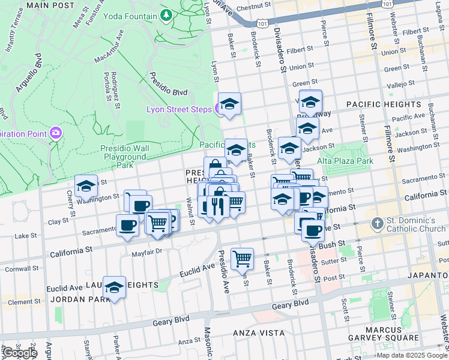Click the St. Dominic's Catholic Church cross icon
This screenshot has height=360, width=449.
(x=377, y=224)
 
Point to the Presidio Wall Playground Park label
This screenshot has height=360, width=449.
(x=124, y=157)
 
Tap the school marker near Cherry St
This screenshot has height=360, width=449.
(x=86, y=187)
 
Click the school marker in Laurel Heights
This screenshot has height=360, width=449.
(x=114, y=288)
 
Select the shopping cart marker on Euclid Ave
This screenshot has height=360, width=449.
(x=242, y=259)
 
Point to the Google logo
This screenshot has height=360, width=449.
(x=19, y=353)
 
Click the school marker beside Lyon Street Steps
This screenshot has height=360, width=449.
(x=229, y=104)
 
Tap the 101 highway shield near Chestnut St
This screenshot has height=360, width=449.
(x=262, y=23)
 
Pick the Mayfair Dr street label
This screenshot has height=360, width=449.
(x=146, y=252)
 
